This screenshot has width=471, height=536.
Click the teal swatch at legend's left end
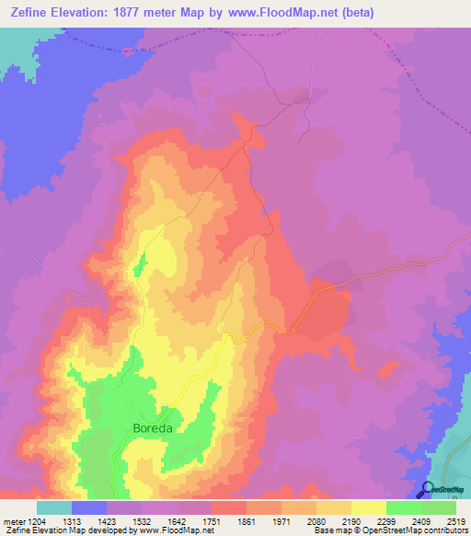[x=54, y=507]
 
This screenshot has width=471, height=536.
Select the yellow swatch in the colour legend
[x=369, y=507]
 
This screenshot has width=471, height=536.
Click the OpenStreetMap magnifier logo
[x=427, y=490]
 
